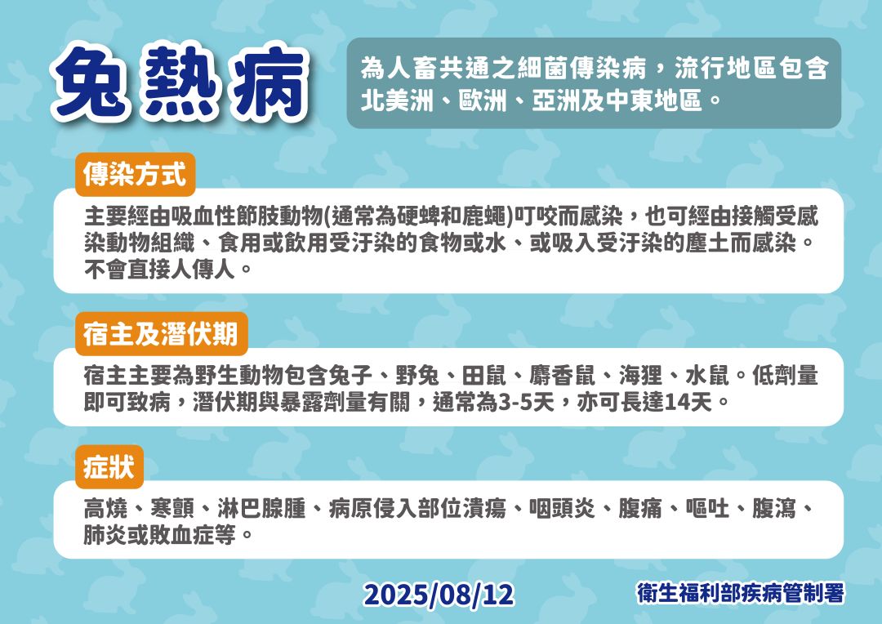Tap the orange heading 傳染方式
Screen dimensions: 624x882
coord(136,174)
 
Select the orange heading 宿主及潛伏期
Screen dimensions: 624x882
coord(161,334)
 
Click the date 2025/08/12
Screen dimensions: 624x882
coord(439,595)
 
